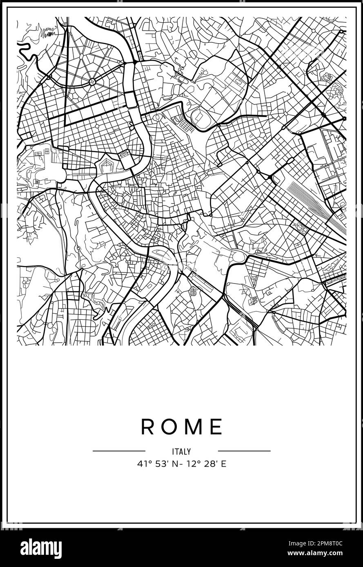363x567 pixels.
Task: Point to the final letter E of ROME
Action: tap(216, 427)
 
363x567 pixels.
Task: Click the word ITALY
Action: tap(181, 452)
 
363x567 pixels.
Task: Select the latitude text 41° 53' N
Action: tap(156, 464)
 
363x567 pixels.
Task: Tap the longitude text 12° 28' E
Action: tap(208, 464)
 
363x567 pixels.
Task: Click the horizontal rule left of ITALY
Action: tap(119, 451)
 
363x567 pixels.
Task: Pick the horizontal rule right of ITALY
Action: tap(244, 451)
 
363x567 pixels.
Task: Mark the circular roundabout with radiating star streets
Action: tap(92, 82)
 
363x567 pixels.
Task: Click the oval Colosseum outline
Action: tap(238, 257)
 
